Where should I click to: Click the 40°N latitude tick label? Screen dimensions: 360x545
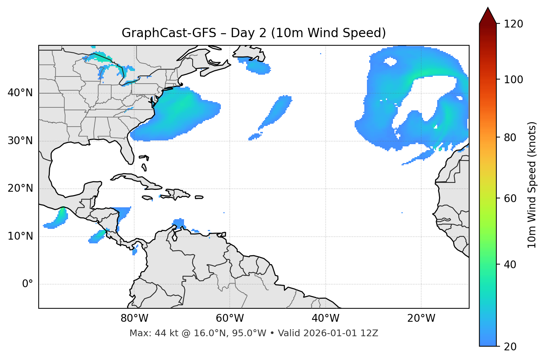(20, 93)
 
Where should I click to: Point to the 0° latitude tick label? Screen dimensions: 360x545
(28, 284)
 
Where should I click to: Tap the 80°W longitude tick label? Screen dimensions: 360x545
(134, 318)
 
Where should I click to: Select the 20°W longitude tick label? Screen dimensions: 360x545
(421, 318)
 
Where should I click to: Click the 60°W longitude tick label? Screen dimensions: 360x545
(230, 318)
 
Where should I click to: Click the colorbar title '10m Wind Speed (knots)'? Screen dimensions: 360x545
(532, 185)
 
